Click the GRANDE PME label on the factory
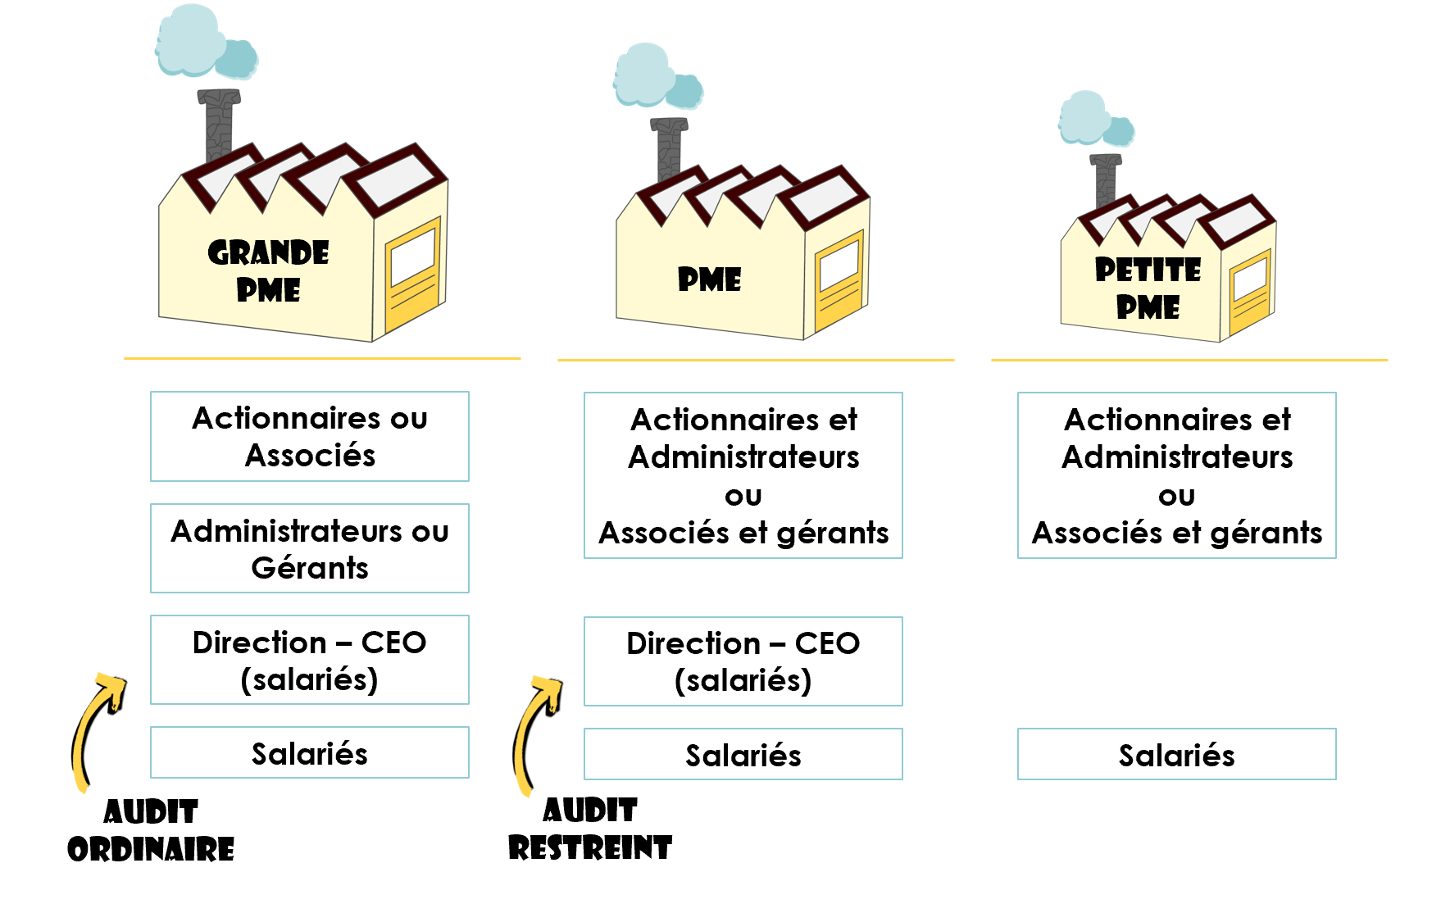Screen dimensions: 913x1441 (268, 271)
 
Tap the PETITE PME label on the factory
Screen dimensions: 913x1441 (1148, 288)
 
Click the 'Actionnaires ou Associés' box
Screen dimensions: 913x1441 (310, 436)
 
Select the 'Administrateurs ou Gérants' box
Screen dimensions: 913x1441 (310, 548)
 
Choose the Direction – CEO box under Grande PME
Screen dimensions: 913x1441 (310, 660)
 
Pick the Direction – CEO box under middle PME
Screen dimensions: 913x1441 (743, 661)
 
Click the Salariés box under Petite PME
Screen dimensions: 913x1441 (1176, 754)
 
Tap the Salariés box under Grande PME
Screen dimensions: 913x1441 (310, 752)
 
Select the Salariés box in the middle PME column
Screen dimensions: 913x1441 (743, 754)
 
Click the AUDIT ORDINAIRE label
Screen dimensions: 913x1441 (151, 830)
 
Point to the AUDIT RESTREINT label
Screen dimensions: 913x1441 (590, 829)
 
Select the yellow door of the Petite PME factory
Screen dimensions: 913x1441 (1251, 288)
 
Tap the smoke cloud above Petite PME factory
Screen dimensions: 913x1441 (1095, 119)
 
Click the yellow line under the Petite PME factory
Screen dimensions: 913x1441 (1189, 360)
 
